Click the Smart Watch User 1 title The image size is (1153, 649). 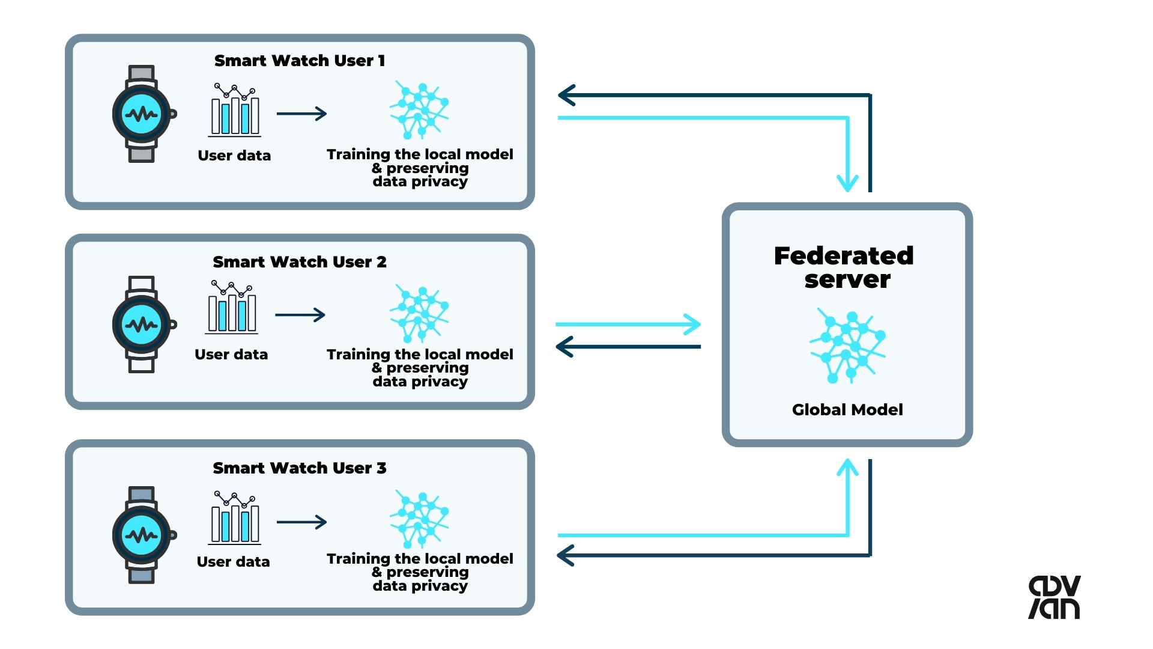click(x=300, y=61)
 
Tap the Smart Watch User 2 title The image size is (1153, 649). click(x=300, y=262)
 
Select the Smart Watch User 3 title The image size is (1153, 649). click(x=300, y=468)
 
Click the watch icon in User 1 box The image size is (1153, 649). click(x=142, y=114)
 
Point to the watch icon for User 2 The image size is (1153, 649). click(x=142, y=324)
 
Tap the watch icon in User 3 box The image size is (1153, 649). click(x=142, y=535)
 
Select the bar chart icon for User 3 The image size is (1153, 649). click(x=235, y=517)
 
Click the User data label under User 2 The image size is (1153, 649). click(x=231, y=355)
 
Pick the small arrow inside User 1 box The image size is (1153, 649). click(x=301, y=114)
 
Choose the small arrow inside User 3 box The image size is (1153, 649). click(x=301, y=522)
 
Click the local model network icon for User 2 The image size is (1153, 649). click(x=419, y=313)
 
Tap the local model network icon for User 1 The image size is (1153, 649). click(x=419, y=110)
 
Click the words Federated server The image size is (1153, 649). click(x=844, y=267)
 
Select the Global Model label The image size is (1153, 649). click(x=847, y=410)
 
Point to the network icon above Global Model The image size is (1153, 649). click(x=847, y=346)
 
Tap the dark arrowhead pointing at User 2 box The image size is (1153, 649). click(x=565, y=347)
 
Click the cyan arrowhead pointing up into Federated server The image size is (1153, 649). click(x=847, y=468)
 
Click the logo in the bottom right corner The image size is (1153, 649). click(x=1055, y=597)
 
